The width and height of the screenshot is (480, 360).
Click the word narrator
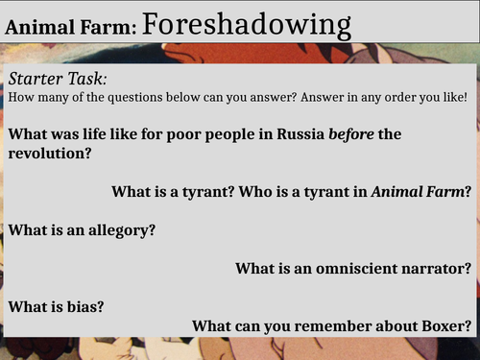click(x=433, y=267)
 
